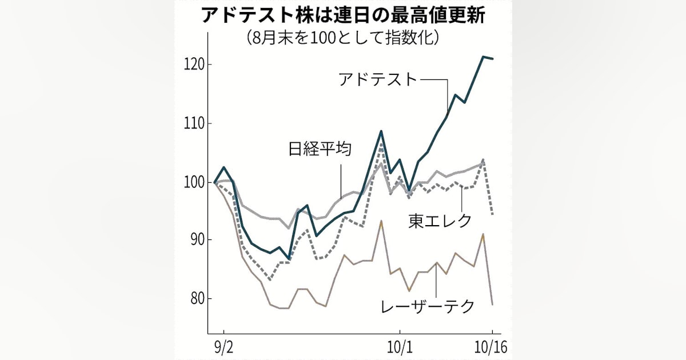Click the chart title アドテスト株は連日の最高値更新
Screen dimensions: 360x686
coord(343,15)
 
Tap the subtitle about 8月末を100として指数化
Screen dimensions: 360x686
coord(343,38)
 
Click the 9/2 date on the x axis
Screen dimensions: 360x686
coord(224,347)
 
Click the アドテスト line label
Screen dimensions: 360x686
coord(378,79)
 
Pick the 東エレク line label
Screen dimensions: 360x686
coord(440,221)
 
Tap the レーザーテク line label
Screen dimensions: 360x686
coord(428,307)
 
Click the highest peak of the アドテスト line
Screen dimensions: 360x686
coord(483,57)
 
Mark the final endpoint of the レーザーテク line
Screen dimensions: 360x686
coord(492,304)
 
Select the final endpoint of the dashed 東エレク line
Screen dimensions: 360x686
coord(492,214)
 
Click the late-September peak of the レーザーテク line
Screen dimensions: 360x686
coord(381,221)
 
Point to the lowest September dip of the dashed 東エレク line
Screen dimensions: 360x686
coord(270,280)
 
